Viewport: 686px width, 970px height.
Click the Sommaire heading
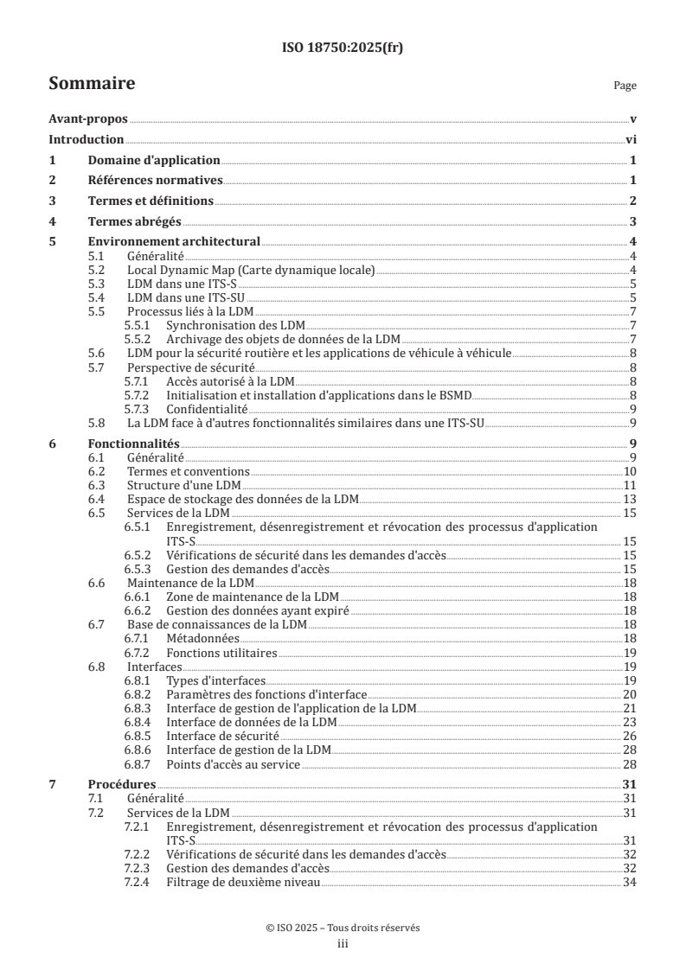[91, 84]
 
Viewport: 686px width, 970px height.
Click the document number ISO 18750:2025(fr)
[343, 48]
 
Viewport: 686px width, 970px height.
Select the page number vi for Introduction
[631, 140]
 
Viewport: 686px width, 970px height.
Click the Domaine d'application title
[154, 160]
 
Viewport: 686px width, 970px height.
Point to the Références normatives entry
[156, 181]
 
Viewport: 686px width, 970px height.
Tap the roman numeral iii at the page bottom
[343, 945]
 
